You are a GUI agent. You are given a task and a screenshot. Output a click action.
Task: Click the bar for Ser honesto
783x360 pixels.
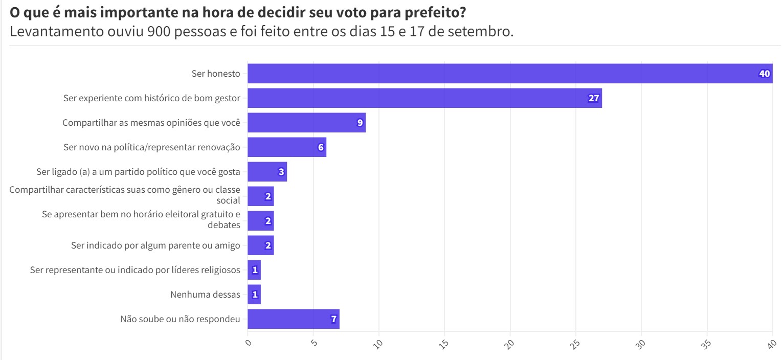click(x=509, y=74)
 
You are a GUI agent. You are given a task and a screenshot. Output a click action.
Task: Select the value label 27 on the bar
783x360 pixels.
click(x=593, y=98)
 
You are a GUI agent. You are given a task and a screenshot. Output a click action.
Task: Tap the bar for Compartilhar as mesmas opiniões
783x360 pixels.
click(x=306, y=123)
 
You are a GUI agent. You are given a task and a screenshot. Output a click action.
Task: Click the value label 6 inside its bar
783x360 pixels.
click(x=321, y=147)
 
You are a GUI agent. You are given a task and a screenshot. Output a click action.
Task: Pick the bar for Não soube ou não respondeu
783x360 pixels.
click(x=293, y=319)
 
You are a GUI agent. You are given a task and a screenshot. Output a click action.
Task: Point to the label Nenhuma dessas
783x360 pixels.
click(x=205, y=295)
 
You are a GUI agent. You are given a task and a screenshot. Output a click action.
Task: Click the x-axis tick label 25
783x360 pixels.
click(x=576, y=344)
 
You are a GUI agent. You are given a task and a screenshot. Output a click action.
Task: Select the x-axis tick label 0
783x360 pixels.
click(x=249, y=343)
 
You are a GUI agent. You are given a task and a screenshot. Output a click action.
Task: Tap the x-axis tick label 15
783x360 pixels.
click(x=444, y=344)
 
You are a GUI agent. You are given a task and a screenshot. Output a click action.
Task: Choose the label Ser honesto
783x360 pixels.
click(x=215, y=74)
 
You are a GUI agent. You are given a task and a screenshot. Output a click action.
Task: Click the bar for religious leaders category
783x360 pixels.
click(x=254, y=270)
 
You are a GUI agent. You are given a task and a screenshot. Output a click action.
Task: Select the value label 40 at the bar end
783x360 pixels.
click(x=764, y=74)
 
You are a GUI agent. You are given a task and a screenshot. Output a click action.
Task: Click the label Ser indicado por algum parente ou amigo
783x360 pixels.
click(x=155, y=245)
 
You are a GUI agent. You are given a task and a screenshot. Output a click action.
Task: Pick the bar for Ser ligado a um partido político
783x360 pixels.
click(x=267, y=172)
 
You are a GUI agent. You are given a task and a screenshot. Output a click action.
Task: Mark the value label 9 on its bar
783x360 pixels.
click(x=360, y=123)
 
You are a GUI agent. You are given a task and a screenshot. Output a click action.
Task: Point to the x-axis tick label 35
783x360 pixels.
click(x=707, y=344)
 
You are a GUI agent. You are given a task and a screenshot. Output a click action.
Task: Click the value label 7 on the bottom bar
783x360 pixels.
click(x=333, y=319)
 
